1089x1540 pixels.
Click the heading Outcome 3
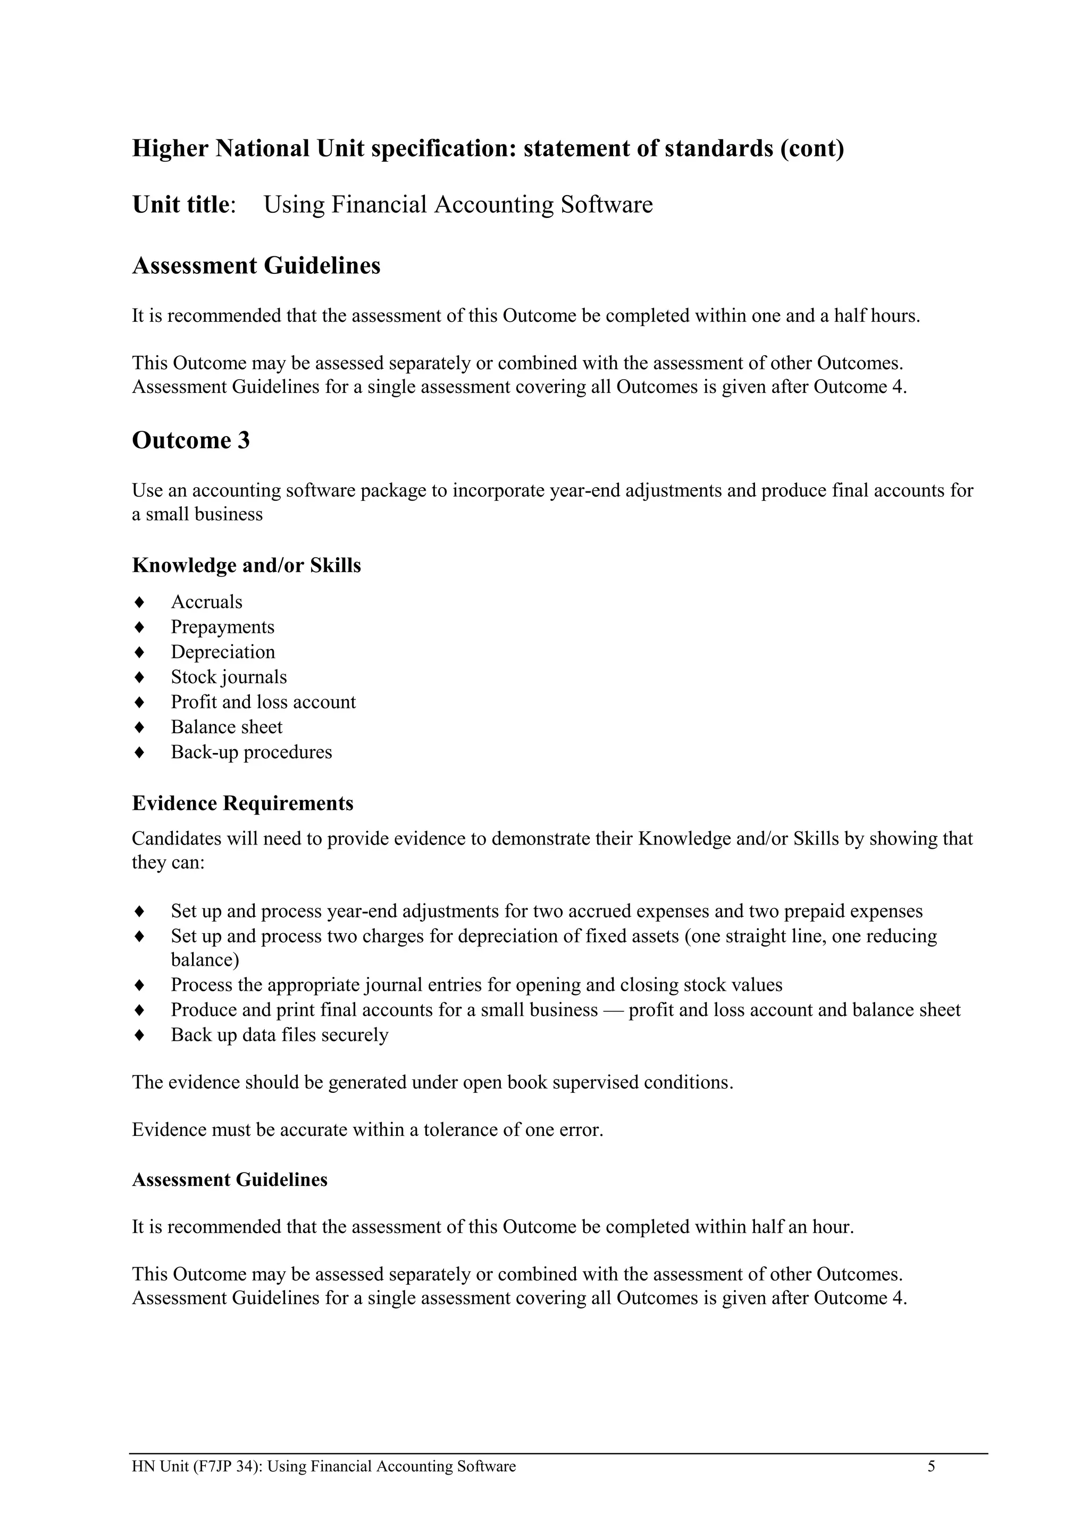pyautogui.click(x=190, y=441)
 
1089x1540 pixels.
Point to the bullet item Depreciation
pyautogui.click(x=223, y=652)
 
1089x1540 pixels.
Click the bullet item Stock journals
pyautogui.click(x=229, y=677)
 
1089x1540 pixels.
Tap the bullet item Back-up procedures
pyautogui.click(x=251, y=752)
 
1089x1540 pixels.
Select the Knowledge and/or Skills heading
pyautogui.click(x=246, y=565)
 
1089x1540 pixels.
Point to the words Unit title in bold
pyautogui.click(x=180, y=205)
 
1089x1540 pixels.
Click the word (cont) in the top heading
pyautogui.click(x=811, y=148)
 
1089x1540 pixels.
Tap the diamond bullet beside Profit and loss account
pyautogui.click(x=139, y=702)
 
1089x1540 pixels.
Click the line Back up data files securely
pyautogui.click(x=279, y=1035)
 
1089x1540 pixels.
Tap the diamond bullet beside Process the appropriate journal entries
pyautogui.click(x=139, y=985)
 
